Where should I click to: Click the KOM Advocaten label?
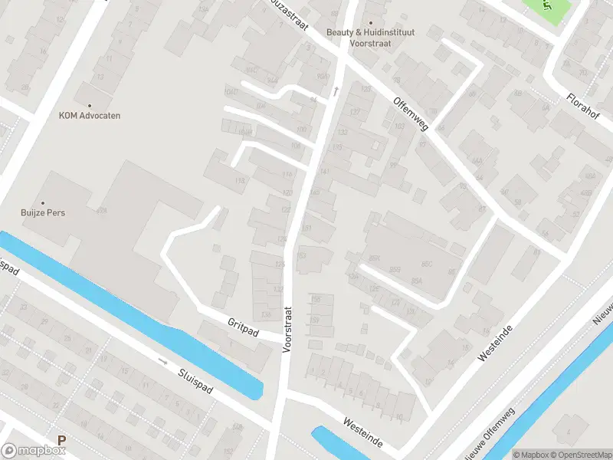click(90, 116)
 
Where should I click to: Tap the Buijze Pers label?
click(42, 212)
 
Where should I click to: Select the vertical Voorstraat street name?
click(287, 330)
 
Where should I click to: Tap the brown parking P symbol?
click(61, 441)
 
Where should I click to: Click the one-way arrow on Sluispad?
click(162, 360)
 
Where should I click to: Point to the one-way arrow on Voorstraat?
click(335, 90)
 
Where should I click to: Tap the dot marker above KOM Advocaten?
click(90, 106)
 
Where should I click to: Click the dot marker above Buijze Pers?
click(42, 202)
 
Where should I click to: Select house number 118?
click(241, 181)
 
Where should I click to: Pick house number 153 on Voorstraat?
click(301, 255)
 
